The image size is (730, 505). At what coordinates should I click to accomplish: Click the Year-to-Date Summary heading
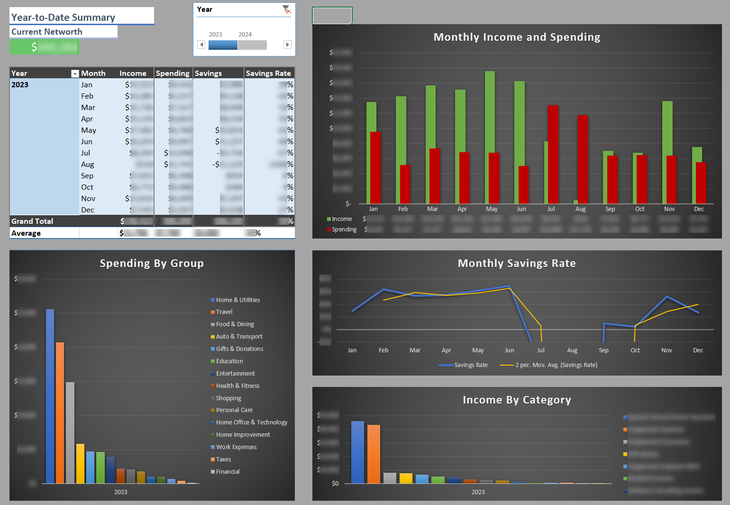click(63, 18)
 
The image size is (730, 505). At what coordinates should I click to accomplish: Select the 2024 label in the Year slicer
click(245, 35)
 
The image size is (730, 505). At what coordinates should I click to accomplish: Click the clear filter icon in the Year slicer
click(286, 9)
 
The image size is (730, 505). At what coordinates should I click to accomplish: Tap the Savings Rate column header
click(268, 73)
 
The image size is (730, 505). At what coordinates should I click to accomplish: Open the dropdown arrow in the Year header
click(75, 73)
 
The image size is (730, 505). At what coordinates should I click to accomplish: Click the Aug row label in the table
click(87, 165)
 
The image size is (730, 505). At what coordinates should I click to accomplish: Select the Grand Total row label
click(32, 221)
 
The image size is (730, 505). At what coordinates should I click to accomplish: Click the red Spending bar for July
click(553, 154)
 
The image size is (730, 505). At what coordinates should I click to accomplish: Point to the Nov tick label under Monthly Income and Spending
click(669, 209)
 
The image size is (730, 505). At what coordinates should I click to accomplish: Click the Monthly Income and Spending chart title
click(517, 37)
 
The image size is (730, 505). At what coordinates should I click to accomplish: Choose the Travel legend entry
click(224, 312)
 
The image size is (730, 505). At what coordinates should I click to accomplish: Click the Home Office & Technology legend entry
click(251, 422)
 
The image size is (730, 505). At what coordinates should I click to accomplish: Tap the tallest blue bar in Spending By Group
click(50, 396)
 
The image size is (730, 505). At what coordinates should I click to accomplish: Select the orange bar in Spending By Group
click(60, 413)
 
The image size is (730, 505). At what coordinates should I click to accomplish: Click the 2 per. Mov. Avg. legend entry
click(556, 365)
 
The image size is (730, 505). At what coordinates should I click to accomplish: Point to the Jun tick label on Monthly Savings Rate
click(509, 350)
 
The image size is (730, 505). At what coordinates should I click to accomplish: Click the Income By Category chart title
click(517, 400)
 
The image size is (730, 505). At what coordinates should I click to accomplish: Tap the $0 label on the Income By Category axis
click(335, 484)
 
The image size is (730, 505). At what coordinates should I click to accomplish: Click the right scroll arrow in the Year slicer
click(287, 45)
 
